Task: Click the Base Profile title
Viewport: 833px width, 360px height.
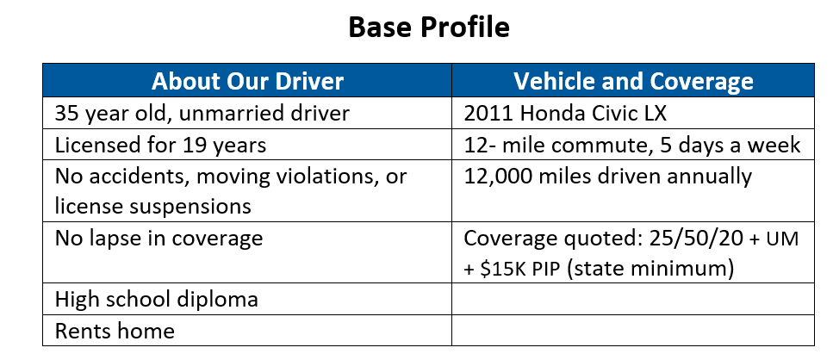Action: pyautogui.click(x=429, y=27)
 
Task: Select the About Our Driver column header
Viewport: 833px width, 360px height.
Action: pyautogui.click(x=247, y=81)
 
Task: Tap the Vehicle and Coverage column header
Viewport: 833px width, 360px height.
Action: pyautogui.click(x=633, y=81)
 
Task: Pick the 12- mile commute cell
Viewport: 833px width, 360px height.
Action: pyautogui.click(x=632, y=145)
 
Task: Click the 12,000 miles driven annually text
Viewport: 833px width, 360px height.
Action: pyautogui.click(x=608, y=177)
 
